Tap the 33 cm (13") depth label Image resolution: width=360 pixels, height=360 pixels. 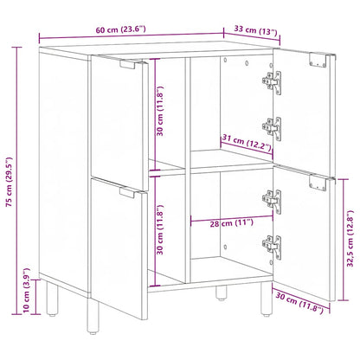[256, 32]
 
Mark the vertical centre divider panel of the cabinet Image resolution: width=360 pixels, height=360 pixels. [188, 173]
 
